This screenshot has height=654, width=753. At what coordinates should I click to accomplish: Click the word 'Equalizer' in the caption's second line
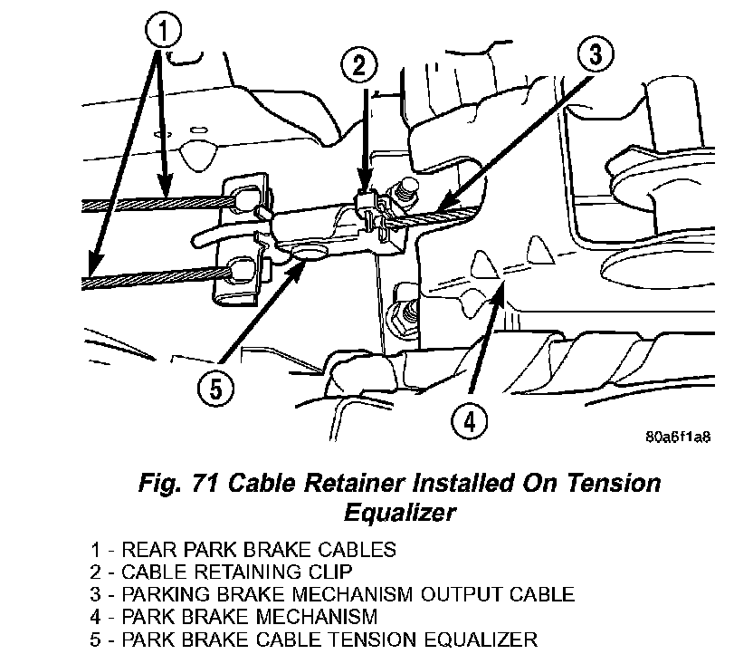click(x=399, y=512)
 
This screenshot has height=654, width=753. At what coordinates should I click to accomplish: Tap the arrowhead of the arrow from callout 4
click(x=500, y=285)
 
